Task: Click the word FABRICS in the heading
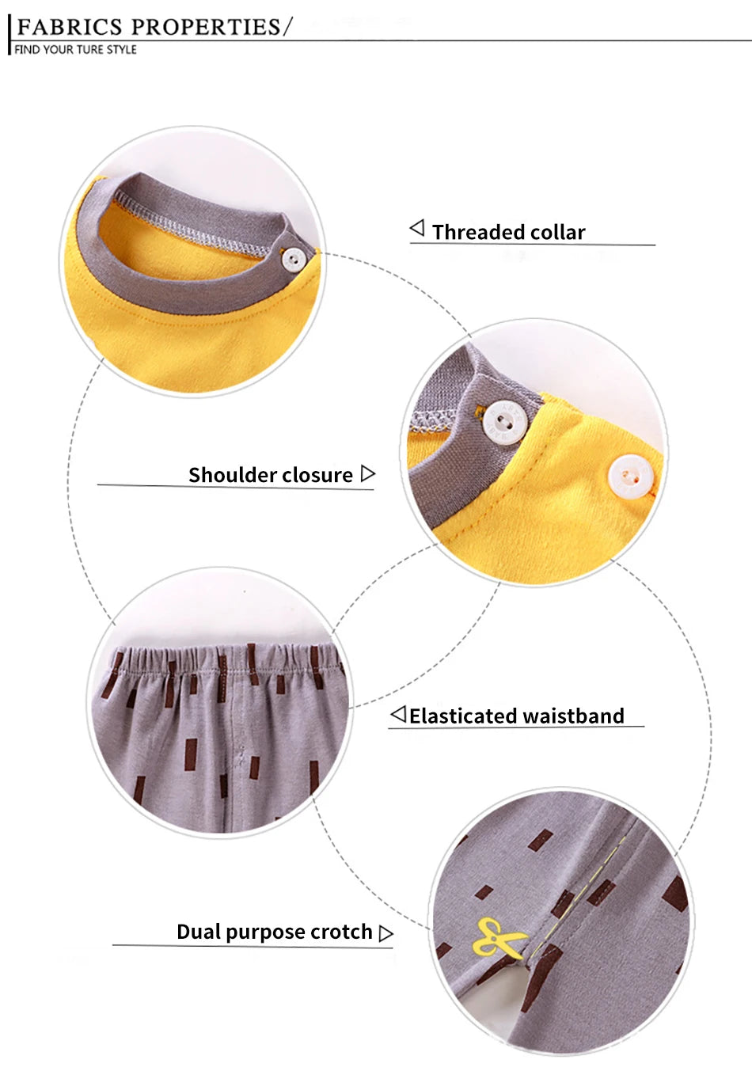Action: pyautogui.click(x=70, y=27)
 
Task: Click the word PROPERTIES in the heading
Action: pyautogui.click(x=206, y=27)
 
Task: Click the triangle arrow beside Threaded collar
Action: pyautogui.click(x=417, y=228)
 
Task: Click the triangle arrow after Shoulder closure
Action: pyautogui.click(x=367, y=473)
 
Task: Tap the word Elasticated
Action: pyautogui.click(x=462, y=716)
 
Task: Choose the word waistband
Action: pyautogui.click(x=573, y=716)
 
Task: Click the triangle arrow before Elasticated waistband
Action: pyautogui.click(x=398, y=714)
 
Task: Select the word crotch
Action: pyautogui.click(x=341, y=932)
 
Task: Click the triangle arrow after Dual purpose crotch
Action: pyautogui.click(x=385, y=933)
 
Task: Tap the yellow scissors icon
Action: pyautogui.click(x=499, y=937)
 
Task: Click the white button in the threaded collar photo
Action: pyautogui.click(x=294, y=260)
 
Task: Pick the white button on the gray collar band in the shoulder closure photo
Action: pyautogui.click(x=505, y=423)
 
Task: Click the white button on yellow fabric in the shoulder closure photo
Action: pyautogui.click(x=631, y=477)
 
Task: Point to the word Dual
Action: pyautogui.click(x=199, y=932)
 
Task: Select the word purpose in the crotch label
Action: pyautogui.click(x=266, y=932)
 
